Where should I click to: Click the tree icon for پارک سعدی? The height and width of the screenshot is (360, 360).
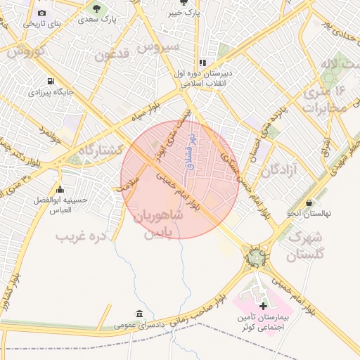96,9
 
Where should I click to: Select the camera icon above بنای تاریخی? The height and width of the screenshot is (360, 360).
41,13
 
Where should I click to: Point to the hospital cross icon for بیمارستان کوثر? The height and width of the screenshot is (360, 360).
263,306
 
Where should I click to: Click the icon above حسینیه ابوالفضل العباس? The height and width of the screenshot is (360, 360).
60,189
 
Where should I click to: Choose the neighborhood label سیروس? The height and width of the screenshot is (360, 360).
158,48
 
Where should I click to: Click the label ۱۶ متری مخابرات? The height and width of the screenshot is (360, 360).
328,99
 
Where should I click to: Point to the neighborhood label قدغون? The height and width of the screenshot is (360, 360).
113,54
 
